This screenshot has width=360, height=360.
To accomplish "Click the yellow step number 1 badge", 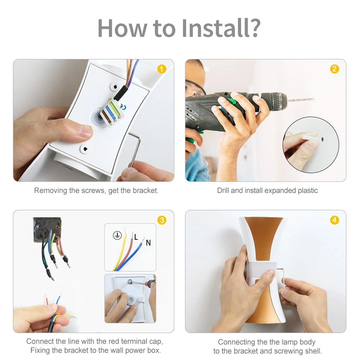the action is [x=162, y=69].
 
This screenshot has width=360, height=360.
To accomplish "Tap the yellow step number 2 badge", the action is [x=334, y=69].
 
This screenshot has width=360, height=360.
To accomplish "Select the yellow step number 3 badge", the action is [x=162, y=220].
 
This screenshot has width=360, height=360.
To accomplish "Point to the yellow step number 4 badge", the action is [x=334, y=220].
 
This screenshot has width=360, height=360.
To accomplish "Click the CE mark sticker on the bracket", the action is [x=123, y=107].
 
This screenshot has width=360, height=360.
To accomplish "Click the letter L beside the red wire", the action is [x=136, y=237].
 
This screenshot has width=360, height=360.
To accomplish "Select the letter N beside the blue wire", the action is [x=148, y=243].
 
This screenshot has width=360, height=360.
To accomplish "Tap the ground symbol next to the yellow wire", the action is [x=117, y=235].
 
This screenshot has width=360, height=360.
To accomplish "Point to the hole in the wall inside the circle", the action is [x=322, y=139].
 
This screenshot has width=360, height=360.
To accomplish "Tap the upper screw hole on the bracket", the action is [x=115, y=87].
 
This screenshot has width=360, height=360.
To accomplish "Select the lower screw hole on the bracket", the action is [x=85, y=149].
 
